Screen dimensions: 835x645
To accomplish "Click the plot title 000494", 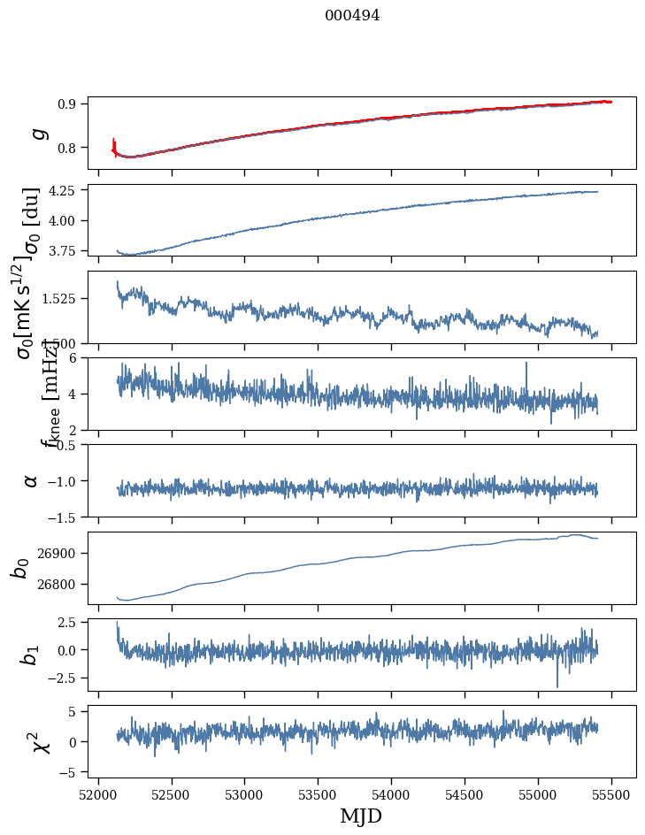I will click(x=352, y=15).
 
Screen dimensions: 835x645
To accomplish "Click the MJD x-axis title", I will click(x=361, y=816).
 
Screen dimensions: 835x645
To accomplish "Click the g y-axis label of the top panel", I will click(x=36, y=134).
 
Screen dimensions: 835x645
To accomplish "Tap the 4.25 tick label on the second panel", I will click(x=64, y=190).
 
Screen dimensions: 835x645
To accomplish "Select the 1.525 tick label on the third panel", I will click(x=60, y=299).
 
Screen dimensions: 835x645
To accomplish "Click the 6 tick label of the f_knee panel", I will click(x=77, y=357).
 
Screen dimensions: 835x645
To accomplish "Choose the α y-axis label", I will click(x=31, y=480).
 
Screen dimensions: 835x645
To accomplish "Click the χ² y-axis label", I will click(x=39, y=741).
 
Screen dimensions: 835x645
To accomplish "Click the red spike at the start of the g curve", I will click(x=114, y=143).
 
